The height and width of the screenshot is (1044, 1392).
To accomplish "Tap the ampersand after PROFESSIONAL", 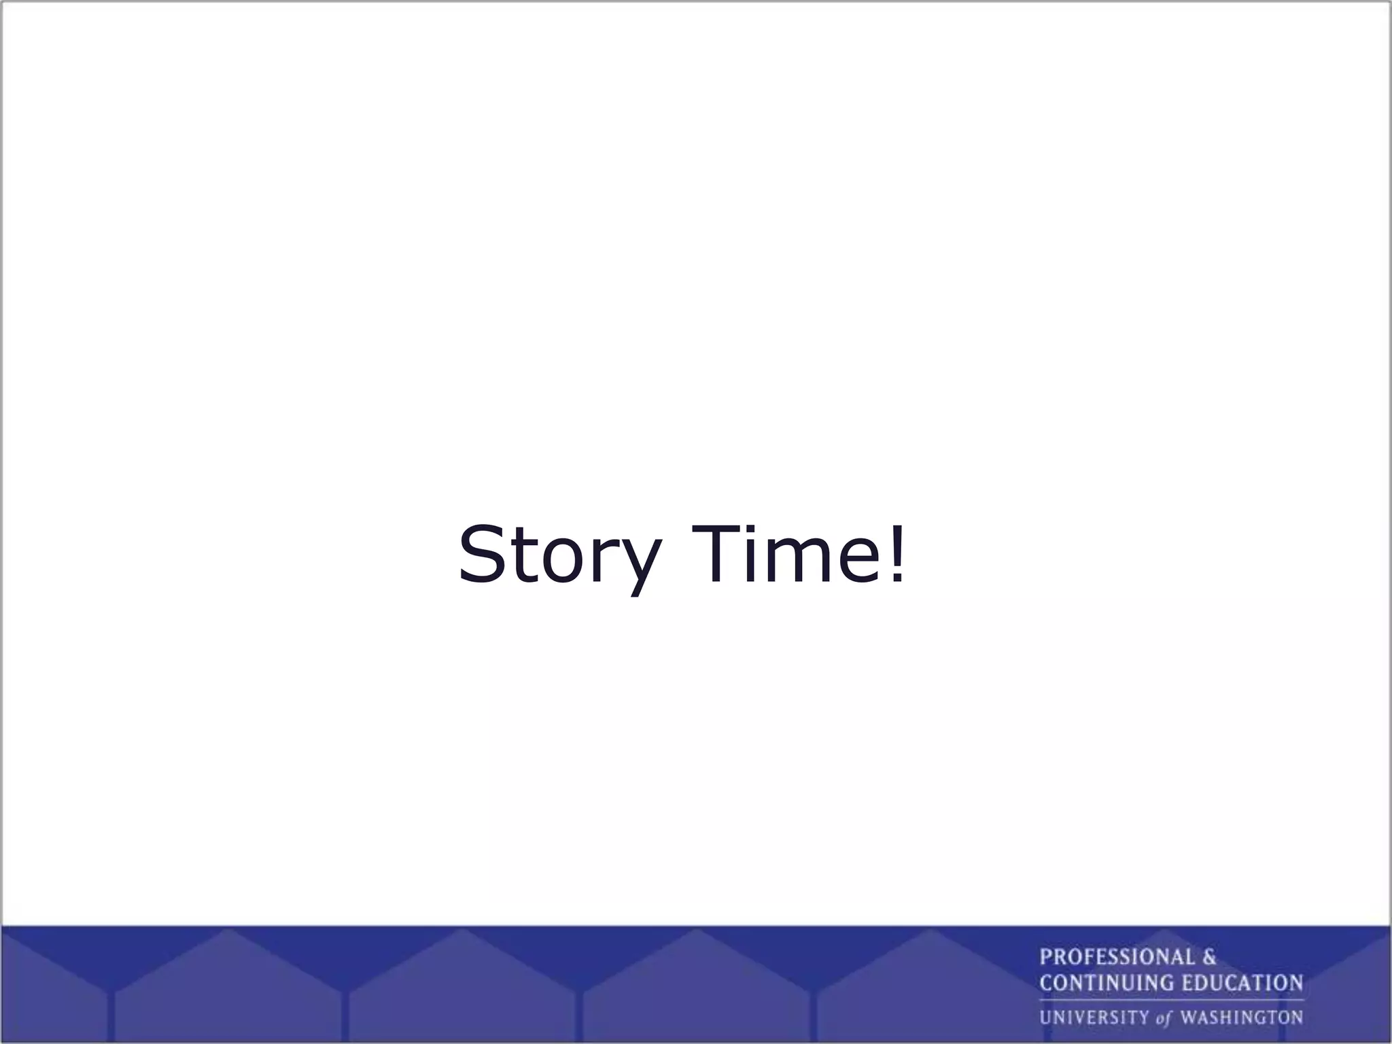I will [x=1209, y=958].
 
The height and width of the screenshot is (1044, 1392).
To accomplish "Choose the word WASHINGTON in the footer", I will [x=1241, y=1017].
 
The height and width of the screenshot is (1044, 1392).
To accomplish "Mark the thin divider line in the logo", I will [x=1170, y=1000].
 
